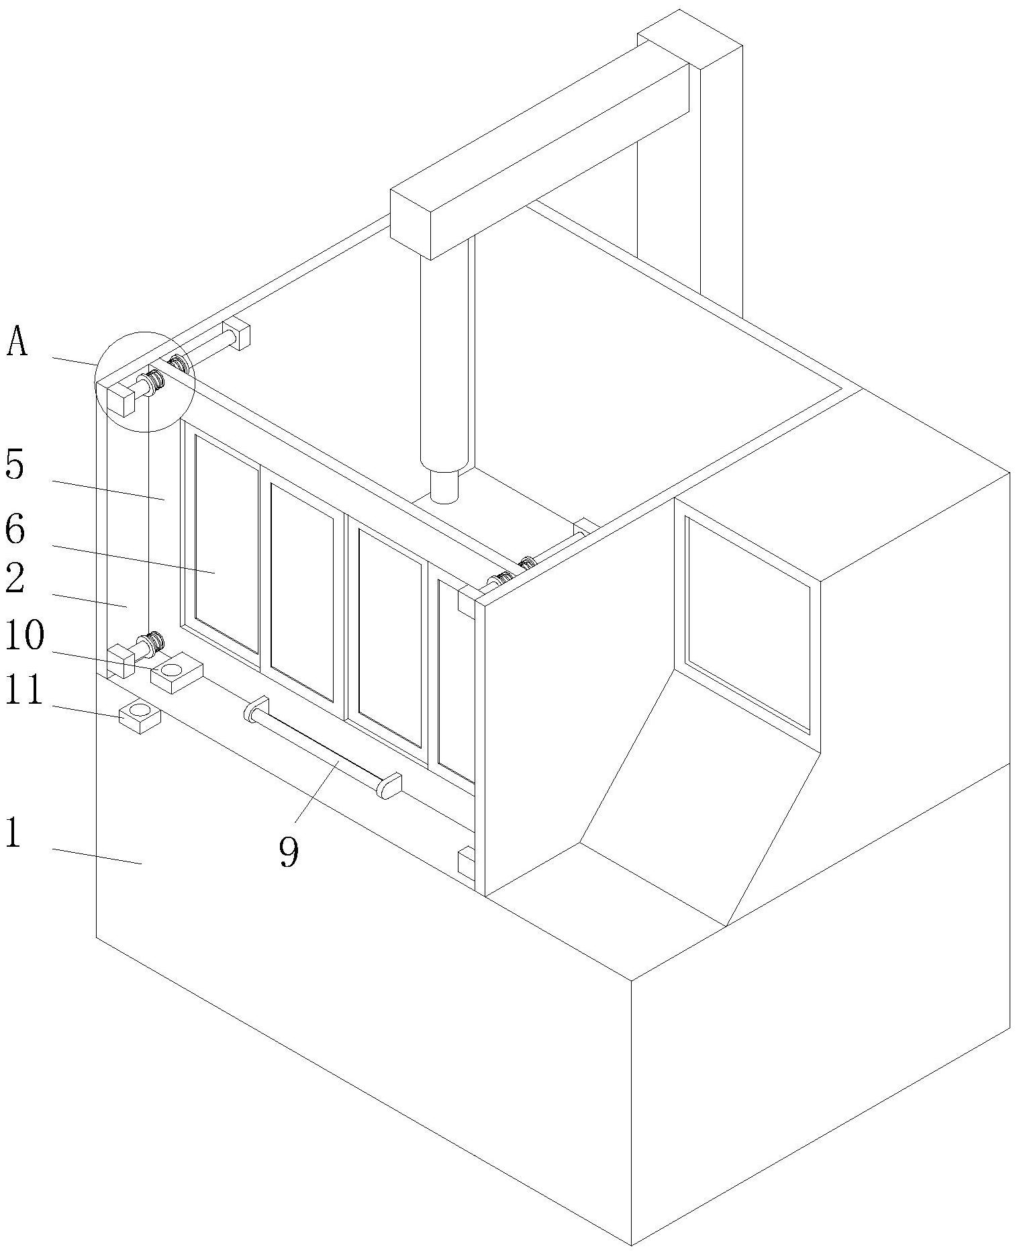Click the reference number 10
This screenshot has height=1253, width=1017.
[x=24, y=636]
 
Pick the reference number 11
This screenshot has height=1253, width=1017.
[x=24, y=692]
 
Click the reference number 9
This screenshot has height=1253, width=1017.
[x=289, y=853]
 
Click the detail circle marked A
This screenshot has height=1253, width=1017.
[x=144, y=381]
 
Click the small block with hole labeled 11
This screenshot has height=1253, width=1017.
[x=140, y=716]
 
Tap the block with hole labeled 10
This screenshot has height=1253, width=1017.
[x=176, y=674]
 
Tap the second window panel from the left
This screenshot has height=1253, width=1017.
[x=302, y=591]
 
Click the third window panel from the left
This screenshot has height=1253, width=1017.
[x=390, y=638]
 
